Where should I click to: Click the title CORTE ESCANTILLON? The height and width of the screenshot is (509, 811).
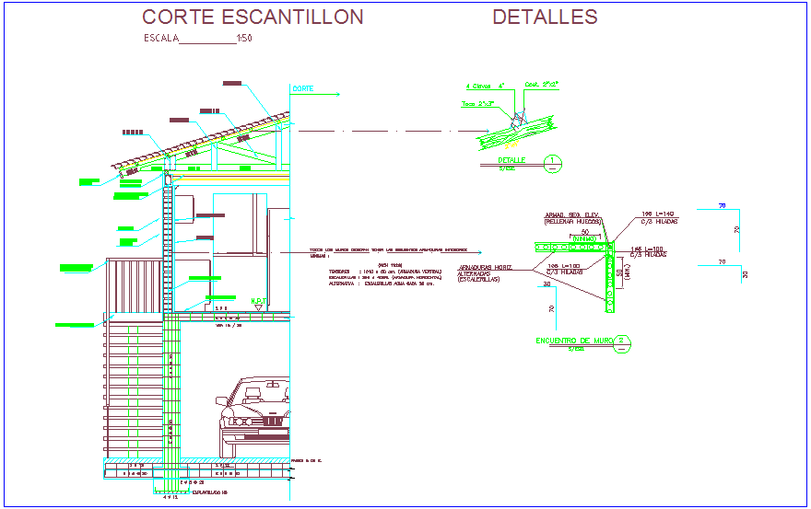pyautogui.click(x=253, y=17)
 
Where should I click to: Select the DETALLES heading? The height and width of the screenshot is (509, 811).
pyautogui.click(x=545, y=17)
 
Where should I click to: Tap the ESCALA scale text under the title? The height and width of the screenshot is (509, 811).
pyautogui.click(x=198, y=39)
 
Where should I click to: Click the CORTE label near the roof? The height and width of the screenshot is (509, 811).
pyautogui.click(x=303, y=89)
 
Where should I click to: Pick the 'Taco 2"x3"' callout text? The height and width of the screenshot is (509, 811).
pyautogui.click(x=476, y=104)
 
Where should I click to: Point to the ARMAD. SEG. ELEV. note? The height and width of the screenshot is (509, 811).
pyautogui.click(x=572, y=217)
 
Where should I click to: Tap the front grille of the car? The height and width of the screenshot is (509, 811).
pyautogui.click(x=271, y=420)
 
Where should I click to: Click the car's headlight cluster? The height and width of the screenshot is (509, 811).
pyautogui.click(x=238, y=421)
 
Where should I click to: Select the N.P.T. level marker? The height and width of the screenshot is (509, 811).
pyautogui.click(x=259, y=301)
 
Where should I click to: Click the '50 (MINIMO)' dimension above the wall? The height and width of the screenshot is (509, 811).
pyautogui.click(x=584, y=236)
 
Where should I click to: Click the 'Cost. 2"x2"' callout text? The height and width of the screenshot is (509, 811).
pyautogui.click(x=542, y=84)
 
